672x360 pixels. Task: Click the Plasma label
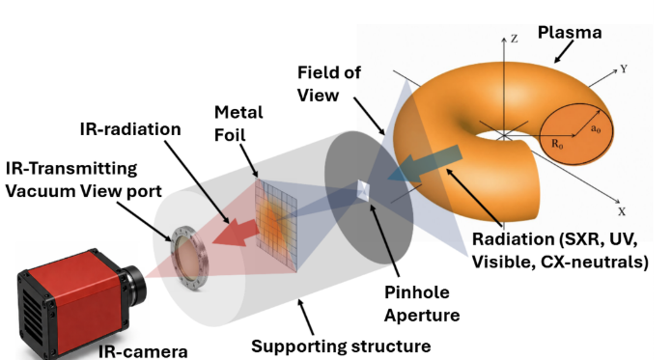[570, 33]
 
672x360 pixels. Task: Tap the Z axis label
[515, 39]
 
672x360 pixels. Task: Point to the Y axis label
[624, 69]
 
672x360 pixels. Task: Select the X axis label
[622, 211]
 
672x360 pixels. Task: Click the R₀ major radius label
[557, 144]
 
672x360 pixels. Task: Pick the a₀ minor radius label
[596, 128]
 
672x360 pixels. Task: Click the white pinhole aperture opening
[363, 190]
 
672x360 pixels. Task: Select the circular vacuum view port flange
[188, 259]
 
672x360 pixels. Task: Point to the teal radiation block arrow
[424, 163]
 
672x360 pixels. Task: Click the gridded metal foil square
[276, 225]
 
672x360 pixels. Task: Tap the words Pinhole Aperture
[422, 303]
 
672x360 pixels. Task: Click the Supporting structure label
[341, 346]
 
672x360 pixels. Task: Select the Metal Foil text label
[238, 124]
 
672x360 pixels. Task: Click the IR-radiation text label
[130, 129]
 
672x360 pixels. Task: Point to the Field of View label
[328, 84]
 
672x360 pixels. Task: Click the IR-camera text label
[143, 351]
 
